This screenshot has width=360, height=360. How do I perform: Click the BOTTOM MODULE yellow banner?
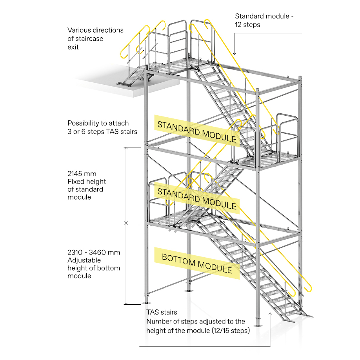point(197,263)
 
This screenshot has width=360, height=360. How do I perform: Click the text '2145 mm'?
point(82,174)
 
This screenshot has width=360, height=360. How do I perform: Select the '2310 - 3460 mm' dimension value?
point(94,253)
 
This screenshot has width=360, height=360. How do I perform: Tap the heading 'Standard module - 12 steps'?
point(264,20)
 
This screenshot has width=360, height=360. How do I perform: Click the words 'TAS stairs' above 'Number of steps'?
point(162,313)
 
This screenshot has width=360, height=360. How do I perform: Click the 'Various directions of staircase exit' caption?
point(95,38)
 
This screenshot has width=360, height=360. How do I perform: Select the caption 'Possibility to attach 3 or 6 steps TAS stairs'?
point(102,127)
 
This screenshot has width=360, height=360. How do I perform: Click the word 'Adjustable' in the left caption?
point(84,260)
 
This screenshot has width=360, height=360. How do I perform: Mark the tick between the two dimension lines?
point(126,223)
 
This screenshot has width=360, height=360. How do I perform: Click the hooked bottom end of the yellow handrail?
point(309,289)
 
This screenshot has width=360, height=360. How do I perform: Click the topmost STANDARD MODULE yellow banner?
point(197,131)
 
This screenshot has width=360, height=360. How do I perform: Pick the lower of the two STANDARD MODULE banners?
point(197,198)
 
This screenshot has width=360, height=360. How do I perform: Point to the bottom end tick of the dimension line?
point(126,304)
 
